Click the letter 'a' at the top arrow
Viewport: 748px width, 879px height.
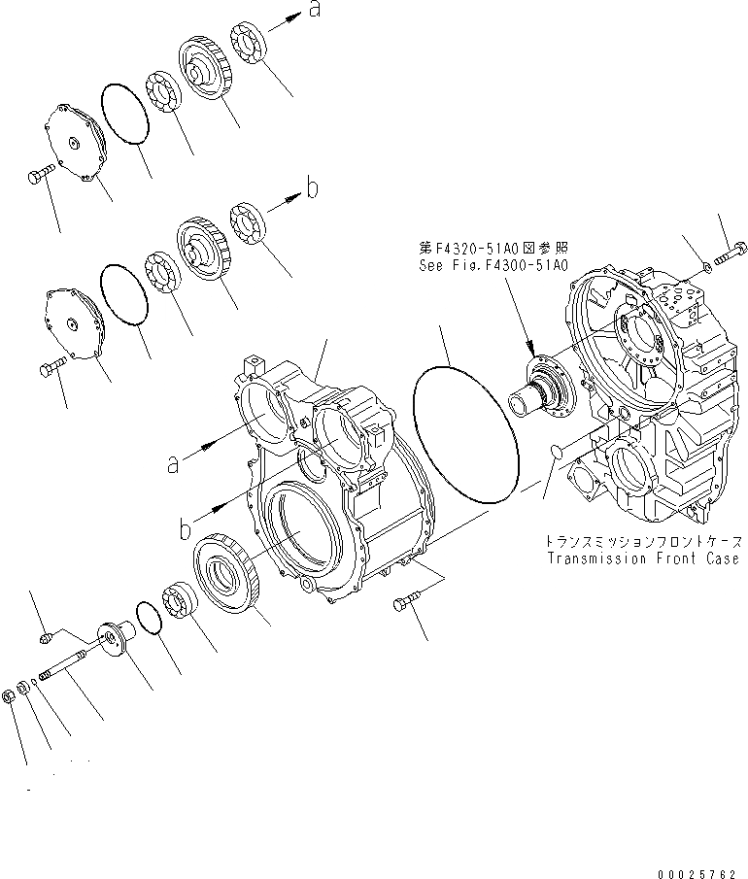coord(314,11)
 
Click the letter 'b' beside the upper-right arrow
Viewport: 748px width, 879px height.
coord(312,190)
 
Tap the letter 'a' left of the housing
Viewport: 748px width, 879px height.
coord(174,464)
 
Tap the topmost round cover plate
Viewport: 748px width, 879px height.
coord(73,146)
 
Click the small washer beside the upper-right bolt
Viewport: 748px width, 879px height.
coord(705,265)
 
